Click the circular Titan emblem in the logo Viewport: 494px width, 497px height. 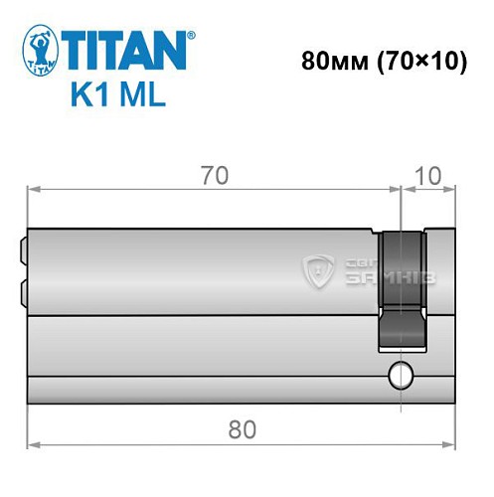(x=39, y=51)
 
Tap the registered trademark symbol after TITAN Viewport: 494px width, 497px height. (x=191, y=34)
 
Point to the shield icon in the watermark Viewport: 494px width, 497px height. (x=318, y=268)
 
